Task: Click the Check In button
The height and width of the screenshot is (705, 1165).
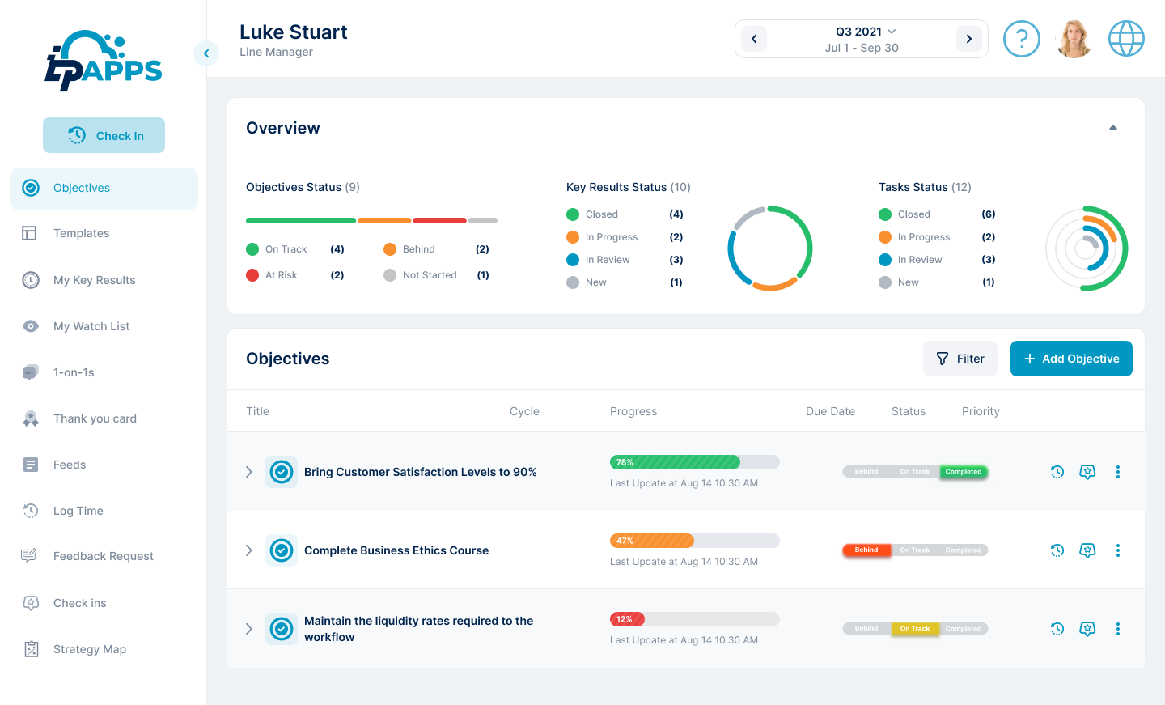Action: pos(104,135)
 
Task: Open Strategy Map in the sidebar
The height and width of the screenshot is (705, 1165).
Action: pos(89,649)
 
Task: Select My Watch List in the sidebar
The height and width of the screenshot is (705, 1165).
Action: pos(91,326)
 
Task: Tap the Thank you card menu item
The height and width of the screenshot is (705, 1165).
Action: pos(94,418)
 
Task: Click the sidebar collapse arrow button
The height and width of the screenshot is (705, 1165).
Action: pos(206,53)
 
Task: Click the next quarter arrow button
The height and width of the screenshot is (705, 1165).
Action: pos(968,39)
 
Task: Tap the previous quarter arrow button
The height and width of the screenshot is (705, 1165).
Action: pos(754,39)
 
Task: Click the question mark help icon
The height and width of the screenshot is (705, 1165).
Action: pos(1021,39)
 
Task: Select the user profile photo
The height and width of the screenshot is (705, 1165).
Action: pos(1074,39)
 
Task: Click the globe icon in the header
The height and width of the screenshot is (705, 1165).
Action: pos(1126,39)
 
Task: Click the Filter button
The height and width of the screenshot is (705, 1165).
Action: pos(960,359)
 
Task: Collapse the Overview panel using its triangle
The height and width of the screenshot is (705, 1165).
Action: pos(1113,128)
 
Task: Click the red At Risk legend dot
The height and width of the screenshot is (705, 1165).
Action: pos(252,275)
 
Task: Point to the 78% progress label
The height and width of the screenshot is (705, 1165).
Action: pos(625,462)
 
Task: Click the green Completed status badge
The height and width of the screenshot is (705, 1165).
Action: pos(963,472)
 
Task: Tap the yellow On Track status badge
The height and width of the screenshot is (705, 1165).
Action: pos(915,629)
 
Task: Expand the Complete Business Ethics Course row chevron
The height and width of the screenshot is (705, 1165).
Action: pos(249,550)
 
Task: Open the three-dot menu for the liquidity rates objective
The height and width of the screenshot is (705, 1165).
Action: pos(1118,629)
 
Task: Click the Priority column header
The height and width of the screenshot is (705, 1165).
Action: pos(981,411)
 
